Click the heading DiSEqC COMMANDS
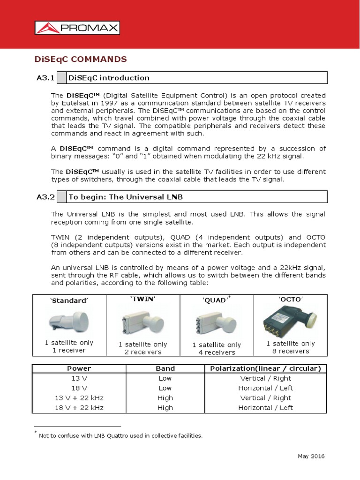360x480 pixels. (x=81, y=59)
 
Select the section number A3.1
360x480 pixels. (x=45, y=78)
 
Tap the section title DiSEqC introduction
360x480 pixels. (x=109, y=78)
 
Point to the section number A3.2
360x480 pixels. (x=45, y=197)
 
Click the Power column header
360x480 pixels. (x=79, y=368)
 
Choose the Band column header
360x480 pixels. (x=165, y=368)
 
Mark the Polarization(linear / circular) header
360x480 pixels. (x=265, y=368)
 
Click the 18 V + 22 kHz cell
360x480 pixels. (x=79, y=408)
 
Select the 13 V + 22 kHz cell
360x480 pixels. (x=79, y=398)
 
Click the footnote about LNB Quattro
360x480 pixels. (x=120, y=435)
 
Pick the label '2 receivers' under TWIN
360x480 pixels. (x=142, y=352)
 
